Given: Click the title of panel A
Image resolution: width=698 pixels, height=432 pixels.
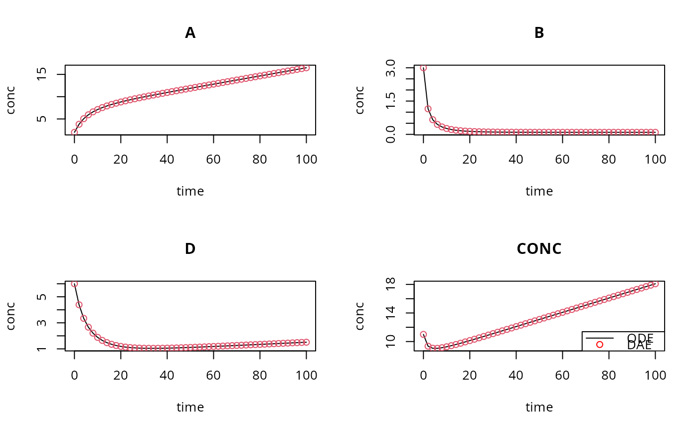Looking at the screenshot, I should [x=190, y=33].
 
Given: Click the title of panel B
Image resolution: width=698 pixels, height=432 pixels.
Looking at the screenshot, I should [x=539, y=33].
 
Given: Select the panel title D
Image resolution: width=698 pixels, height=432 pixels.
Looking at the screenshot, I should [x=190, y=249].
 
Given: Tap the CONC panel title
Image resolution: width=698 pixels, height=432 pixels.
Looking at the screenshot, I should [x=539, y=249].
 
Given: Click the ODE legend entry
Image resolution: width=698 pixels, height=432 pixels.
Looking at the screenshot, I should [x=640, y=338].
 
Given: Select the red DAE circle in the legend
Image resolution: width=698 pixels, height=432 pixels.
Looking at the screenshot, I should [x=600, y=345].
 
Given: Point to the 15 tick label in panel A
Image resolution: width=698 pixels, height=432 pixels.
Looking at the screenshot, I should [x=42, y=74].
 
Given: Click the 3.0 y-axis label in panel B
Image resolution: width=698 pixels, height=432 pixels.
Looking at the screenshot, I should [x=391, y=67].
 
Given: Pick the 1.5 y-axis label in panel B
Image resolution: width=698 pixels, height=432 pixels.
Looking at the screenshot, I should [x=391, y=101].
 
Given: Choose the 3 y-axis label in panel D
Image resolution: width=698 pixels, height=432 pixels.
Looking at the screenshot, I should [x=42, y=323].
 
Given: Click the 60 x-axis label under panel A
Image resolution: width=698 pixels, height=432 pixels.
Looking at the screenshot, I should [x=213, y=160].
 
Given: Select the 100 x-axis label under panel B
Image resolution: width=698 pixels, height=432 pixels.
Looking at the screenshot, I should [x=655, y=160].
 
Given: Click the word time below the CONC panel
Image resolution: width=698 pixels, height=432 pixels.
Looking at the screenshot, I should [x=539, y=408].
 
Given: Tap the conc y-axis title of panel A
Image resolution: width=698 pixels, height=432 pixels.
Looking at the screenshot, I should [x=11, y=100].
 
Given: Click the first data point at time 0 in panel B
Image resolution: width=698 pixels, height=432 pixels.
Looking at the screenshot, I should [x=423, y=68].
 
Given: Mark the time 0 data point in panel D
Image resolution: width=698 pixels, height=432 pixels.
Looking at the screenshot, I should [x=74, y=284].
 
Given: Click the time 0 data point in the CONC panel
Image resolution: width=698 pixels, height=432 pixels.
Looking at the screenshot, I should [x=423, y=334].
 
